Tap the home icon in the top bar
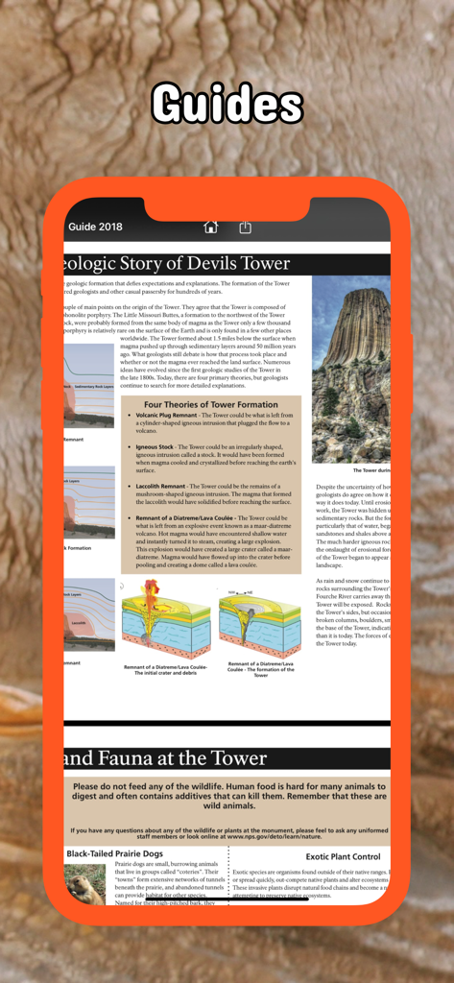211,228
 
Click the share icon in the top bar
245,228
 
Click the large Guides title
227,104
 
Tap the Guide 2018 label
95,228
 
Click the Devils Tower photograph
351,370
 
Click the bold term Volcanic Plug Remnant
166,415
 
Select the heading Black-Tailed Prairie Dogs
114,853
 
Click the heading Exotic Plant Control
343,856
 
